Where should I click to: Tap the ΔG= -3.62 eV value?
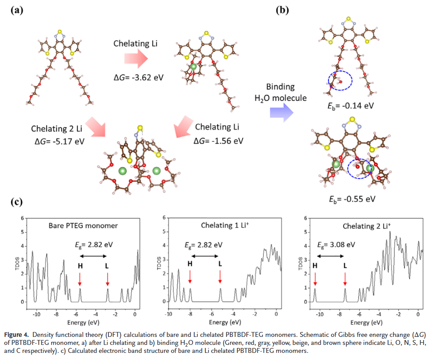point(138,77)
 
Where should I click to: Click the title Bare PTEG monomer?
point(83,225)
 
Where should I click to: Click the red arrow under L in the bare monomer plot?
point(108,279)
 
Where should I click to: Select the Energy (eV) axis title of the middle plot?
point(222,321)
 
